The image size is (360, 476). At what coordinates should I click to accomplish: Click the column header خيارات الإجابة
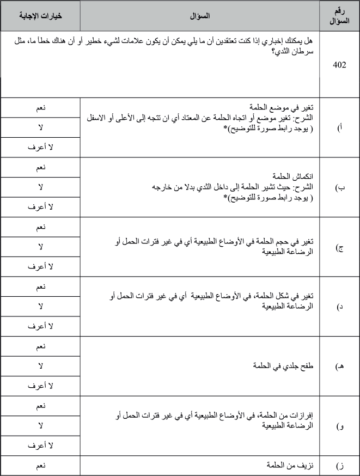pyautogui.click(x=40, y=16)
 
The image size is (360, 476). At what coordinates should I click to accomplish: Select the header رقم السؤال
pyautogui.click(x=340, y=16)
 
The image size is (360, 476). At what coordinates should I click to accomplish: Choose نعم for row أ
pyautogui.click(x=40, y=108)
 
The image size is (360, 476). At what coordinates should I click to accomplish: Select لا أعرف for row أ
pyautogui.click(x=40, y=147)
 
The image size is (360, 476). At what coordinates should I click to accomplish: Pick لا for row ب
pyautogui.click(x=40, y=187)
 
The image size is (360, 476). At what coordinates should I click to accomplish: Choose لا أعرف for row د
pyautogui.click(x=40, y=326)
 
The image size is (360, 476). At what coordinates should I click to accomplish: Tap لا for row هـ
pyautogui.click(x=40, y=366)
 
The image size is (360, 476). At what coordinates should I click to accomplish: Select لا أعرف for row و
pyautogui.click(x=40, y=445)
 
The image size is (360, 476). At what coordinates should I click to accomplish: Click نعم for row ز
pyautogui.click(x=40, y=466)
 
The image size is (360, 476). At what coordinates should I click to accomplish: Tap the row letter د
pyautogui.click(x=340, y=307)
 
